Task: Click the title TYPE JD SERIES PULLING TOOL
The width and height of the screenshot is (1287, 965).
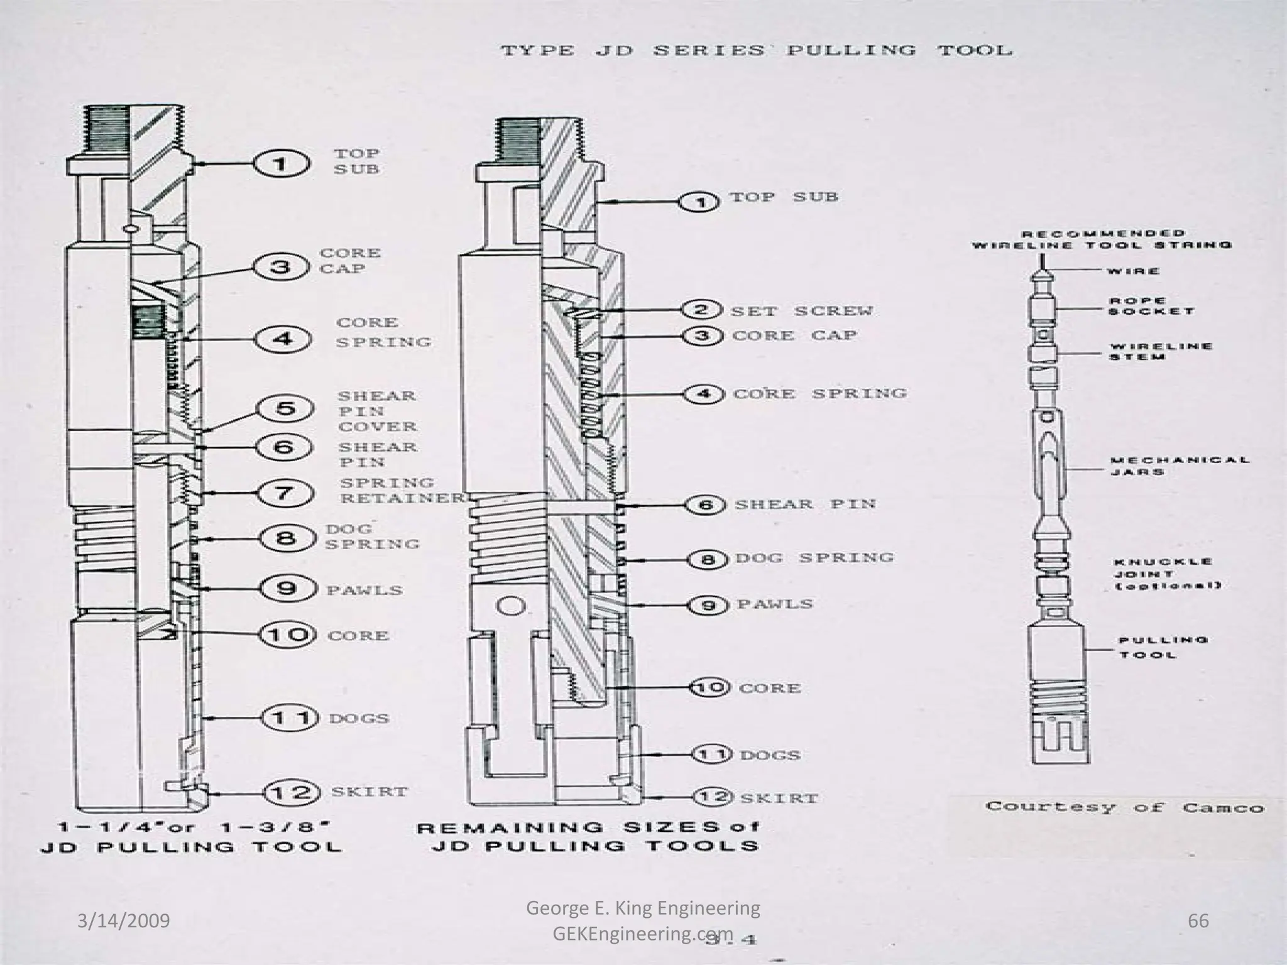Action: click(756, 50)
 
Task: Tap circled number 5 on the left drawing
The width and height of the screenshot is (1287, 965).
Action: click(285, 410)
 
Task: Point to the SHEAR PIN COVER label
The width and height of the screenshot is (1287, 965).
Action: click(376, 412)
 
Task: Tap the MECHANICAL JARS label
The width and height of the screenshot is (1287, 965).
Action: click(1179, 466)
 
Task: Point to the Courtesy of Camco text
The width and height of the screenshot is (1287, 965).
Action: click(1124, 807)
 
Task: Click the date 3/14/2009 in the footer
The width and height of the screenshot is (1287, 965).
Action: click(124, 922)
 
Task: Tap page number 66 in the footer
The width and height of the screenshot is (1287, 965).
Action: click(1198, 921)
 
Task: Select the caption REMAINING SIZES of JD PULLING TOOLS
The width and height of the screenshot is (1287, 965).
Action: click(588, 836)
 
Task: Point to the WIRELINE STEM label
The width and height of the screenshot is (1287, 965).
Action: click(1160, 351)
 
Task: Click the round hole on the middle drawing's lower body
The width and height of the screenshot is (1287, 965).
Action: click(511, 606)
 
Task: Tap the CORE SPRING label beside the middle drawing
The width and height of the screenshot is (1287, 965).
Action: click(819, 394)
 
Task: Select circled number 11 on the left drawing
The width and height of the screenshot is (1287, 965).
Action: click(287, 717)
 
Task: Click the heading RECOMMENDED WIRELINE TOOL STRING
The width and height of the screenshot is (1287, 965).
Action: click(1102, 239)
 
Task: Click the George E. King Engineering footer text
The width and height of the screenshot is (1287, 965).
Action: click(642, 908)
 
